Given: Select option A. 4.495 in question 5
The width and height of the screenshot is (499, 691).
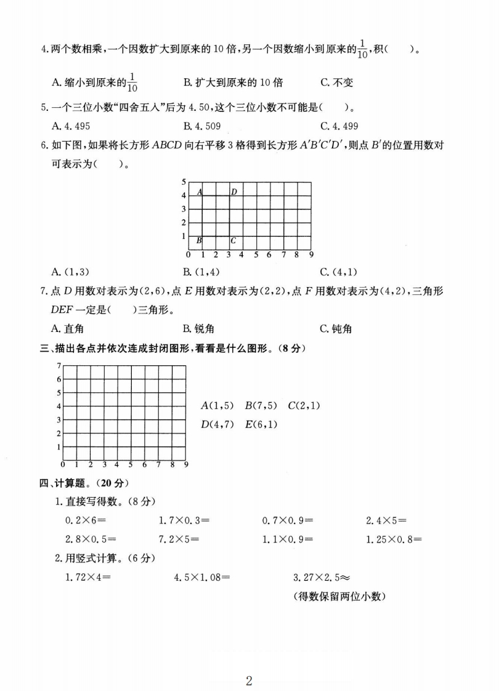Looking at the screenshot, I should coord(73,126).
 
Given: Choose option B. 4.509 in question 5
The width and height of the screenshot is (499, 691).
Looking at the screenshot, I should coord(202,126).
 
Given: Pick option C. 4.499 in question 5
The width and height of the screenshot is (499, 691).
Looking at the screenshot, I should coord(339,126).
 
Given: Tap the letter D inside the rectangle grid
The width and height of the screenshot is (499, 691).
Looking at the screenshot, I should coord(234,192).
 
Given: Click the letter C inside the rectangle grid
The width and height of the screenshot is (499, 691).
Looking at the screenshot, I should coord(233,240).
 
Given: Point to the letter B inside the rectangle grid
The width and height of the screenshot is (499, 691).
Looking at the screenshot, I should coord(198,240).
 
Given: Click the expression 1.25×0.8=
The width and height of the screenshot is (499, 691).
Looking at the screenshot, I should coord(394,539).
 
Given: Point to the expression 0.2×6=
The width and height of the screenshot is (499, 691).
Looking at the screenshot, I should coord(86,520).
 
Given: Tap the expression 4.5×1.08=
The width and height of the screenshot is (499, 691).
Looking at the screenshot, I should coord(202,578).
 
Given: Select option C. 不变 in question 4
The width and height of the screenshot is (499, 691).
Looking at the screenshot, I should coord(337,83).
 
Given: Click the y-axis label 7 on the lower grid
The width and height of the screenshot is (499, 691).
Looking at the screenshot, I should coord(59,366).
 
